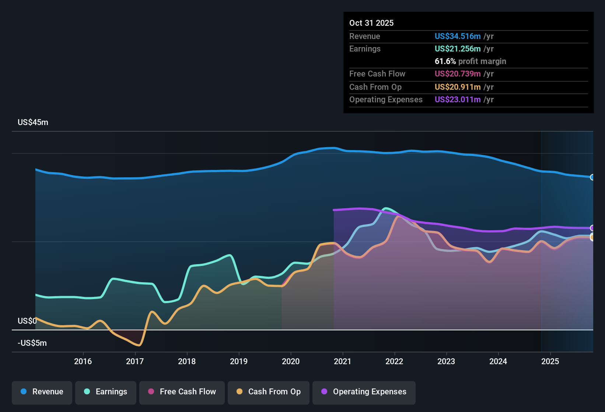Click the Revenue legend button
pos(42,392)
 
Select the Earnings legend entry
pos(106,392)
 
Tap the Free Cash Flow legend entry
pos(182,392)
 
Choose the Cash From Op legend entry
pos(269,392)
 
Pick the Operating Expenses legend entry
pos(364,392)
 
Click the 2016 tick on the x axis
pos(83,361)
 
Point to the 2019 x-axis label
pos(239,361)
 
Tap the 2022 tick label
pos(394,361)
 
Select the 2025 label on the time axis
pos(550,361)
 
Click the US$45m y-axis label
pos(33,122)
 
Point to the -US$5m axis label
pos(32,343)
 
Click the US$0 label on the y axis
pos(27,321)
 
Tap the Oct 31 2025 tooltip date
pos(371,23)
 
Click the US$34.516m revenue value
pos(458,36)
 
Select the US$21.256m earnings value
pos(458,49)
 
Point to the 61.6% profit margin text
pos(470,61)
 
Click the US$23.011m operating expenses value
pos(458,100)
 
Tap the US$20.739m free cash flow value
pos(458,74)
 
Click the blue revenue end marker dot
pos(592,177)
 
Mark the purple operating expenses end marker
pos(592,228)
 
